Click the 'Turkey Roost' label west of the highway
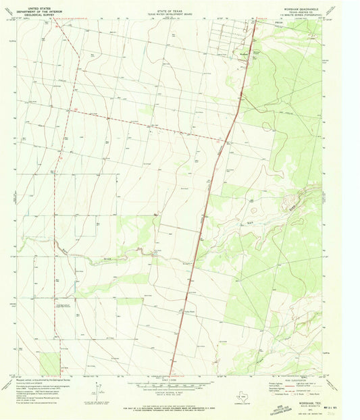[188, 311]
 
